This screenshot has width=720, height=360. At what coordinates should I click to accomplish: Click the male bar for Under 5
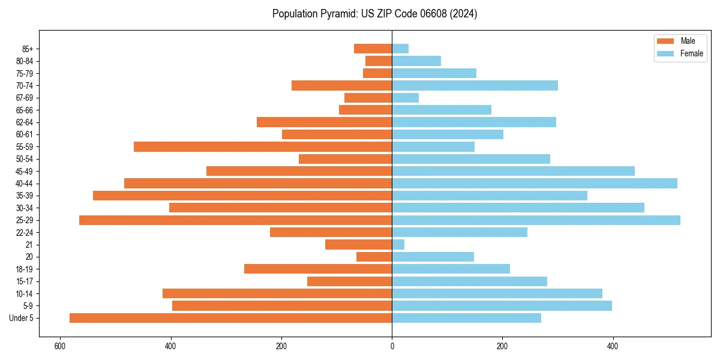(230, 318)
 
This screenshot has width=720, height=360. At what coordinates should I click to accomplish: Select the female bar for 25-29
(536, 220)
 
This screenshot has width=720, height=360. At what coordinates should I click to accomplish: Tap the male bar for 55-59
(263, 146)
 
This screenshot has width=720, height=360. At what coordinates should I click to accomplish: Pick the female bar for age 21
(398, 244)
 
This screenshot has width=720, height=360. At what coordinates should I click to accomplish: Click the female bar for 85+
(400, 49)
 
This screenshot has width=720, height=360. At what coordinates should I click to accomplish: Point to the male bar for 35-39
(242, 196)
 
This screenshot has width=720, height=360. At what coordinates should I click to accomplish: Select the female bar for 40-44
(535, 183)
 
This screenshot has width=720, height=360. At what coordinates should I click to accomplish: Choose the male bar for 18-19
(318, 269)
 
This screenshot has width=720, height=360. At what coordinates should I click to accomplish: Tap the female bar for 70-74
(475, 85)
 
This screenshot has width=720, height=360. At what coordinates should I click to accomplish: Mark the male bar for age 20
(374, 257)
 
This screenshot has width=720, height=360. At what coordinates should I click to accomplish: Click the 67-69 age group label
(25, 98)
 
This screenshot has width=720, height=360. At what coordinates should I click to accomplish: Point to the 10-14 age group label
(25, 293)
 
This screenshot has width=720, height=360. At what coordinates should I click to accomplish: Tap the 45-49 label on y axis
(25, 171)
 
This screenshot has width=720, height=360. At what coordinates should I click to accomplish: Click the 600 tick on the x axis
(60, 346)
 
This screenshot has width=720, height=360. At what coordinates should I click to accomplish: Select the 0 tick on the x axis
(392, 346)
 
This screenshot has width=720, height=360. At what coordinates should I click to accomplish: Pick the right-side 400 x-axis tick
(613, 346)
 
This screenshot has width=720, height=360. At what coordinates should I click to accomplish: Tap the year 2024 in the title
(466, 14)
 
